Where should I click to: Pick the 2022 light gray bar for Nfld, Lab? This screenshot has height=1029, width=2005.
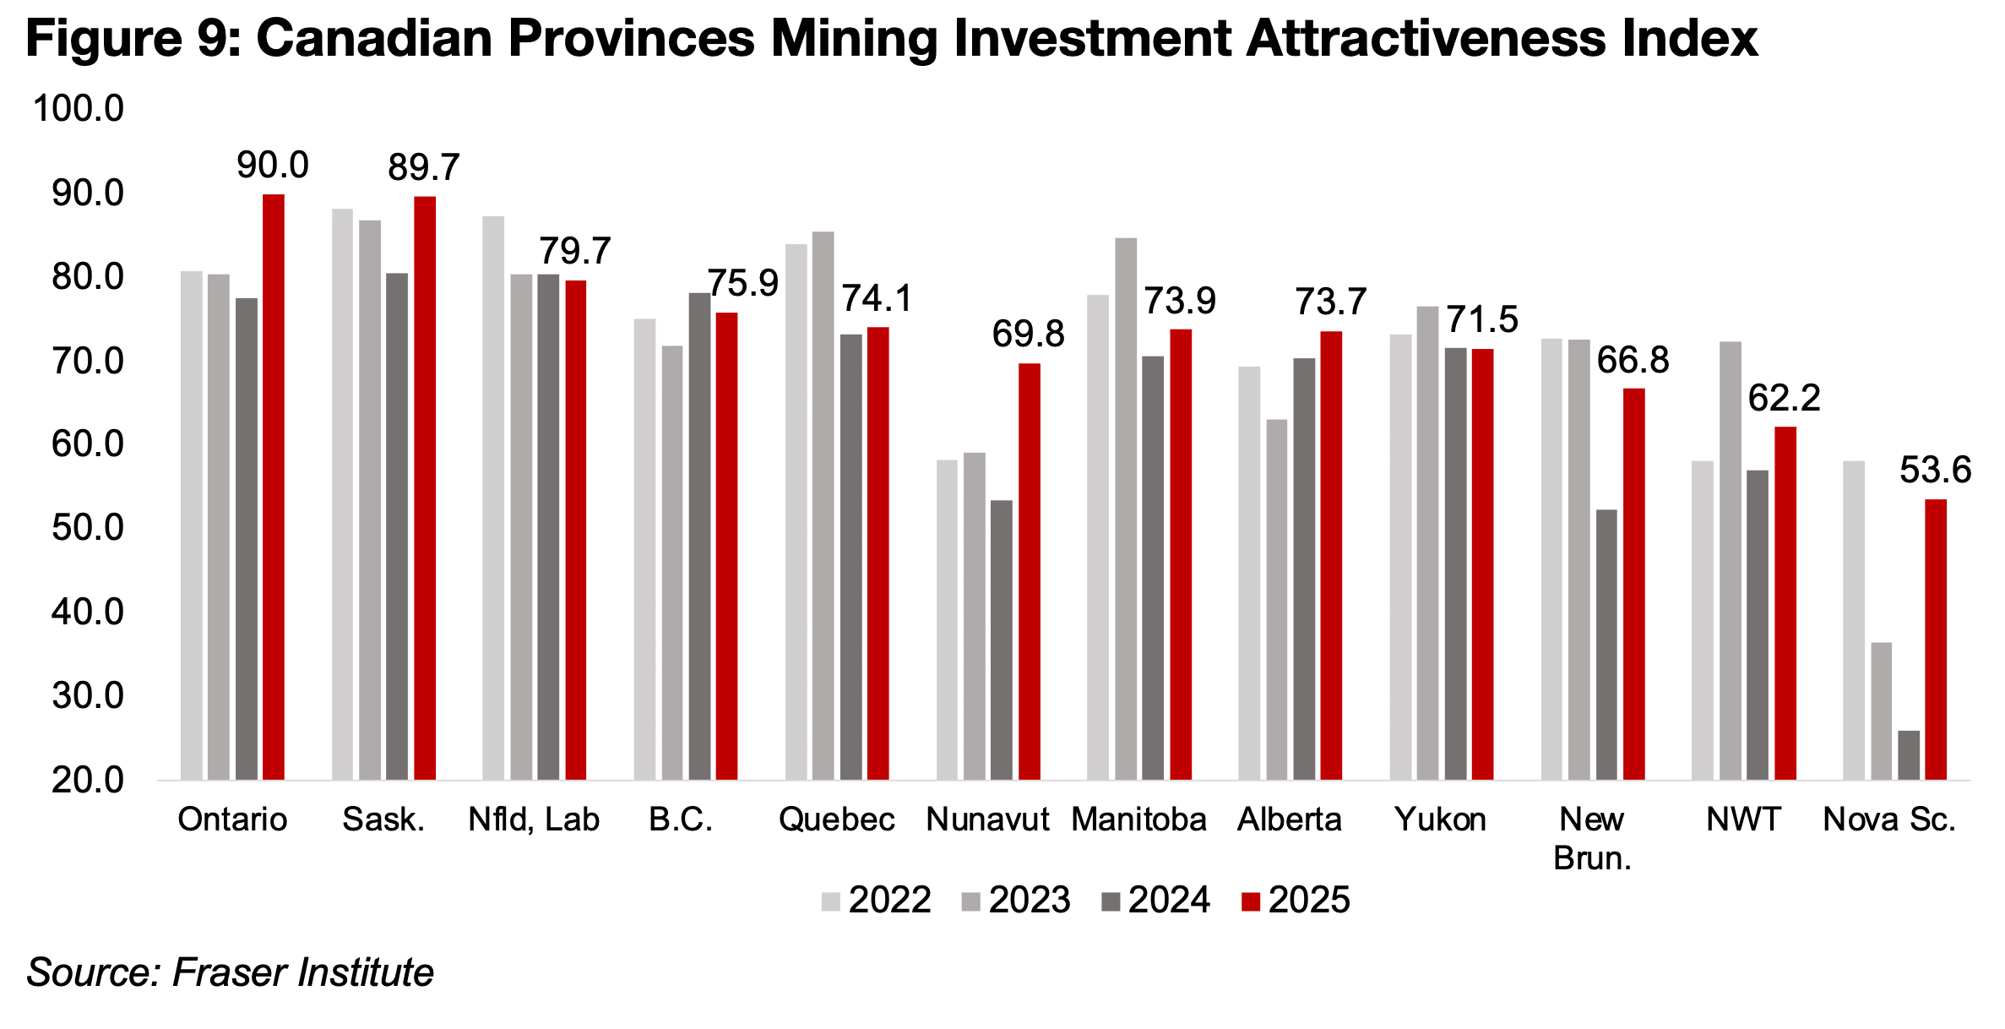click(493, 498)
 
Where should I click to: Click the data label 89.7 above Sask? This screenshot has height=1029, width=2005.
click(423, 167)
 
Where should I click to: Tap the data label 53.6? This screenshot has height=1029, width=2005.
click(1935, 470)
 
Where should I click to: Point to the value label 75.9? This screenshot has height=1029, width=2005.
click(743, 283)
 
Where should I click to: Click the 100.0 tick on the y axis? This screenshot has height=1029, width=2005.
click(78, 109)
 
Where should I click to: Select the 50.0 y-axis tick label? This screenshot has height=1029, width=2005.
click(87, 528)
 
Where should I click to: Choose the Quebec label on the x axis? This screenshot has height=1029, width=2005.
click(836, 819)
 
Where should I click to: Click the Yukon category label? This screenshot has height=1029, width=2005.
click(1440, 819)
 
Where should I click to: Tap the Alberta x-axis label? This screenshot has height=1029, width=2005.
click(1289, 819)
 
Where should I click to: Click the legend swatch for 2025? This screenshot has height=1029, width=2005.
click(1251, 901)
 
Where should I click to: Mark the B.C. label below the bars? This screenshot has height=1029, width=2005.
click(681, 819)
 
